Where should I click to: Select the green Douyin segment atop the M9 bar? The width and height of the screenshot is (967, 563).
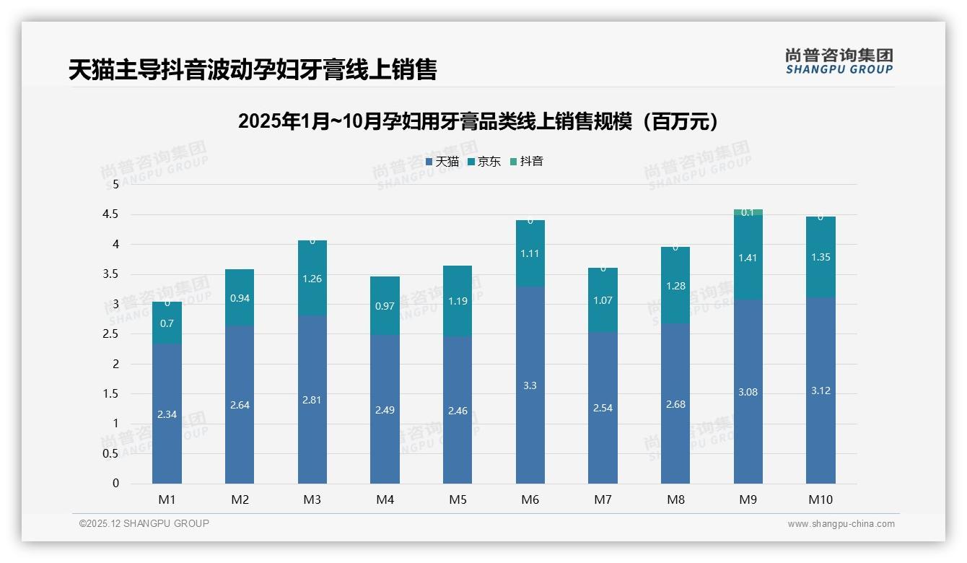748,212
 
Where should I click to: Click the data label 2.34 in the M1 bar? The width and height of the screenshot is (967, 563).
167,414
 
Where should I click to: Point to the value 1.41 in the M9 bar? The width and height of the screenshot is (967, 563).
748,258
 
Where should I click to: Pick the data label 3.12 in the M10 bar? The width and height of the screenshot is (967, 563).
821,390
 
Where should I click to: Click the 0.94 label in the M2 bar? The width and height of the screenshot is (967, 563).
240,298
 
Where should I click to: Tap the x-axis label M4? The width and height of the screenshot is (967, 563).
385,499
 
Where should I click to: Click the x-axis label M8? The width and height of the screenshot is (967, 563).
675,499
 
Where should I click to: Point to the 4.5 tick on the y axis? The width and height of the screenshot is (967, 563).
110,214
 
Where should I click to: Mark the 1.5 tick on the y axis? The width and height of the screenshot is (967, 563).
110,393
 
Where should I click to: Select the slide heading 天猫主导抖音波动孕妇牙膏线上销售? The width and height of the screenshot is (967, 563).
253,70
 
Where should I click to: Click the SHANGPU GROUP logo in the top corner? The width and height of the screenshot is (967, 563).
839,61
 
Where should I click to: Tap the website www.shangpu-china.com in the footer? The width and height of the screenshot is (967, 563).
841,524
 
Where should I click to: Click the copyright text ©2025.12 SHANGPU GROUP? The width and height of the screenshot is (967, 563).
144,523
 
